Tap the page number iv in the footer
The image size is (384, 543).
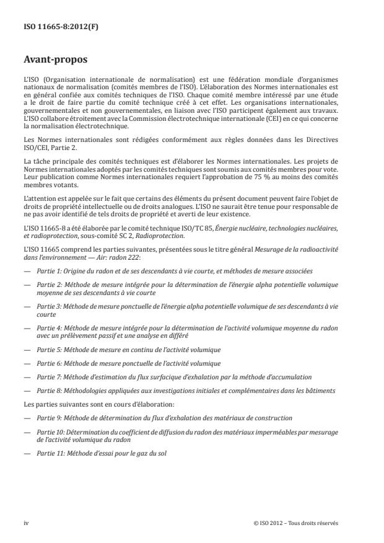26,523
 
